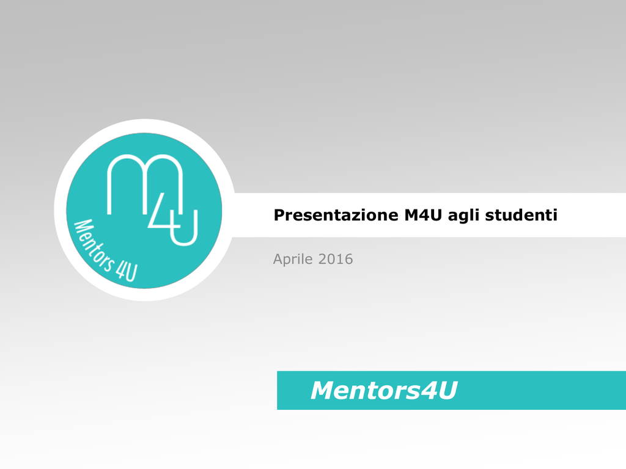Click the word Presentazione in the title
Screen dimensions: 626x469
coord(336,215)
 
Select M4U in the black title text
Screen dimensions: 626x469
coord(423,215)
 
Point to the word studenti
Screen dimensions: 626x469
coord(521,215)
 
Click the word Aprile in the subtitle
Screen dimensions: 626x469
coord(293,260)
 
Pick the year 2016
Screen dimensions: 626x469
coord(336,259)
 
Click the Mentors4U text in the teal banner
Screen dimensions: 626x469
coord(384,390)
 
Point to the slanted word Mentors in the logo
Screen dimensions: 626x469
coord(92,246)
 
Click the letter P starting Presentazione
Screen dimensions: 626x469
coord(279,215)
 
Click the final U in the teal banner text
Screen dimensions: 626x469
coord(447,390)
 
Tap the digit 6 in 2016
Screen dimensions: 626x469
coord(348,259)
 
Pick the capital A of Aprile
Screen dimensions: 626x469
coord(278,259)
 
